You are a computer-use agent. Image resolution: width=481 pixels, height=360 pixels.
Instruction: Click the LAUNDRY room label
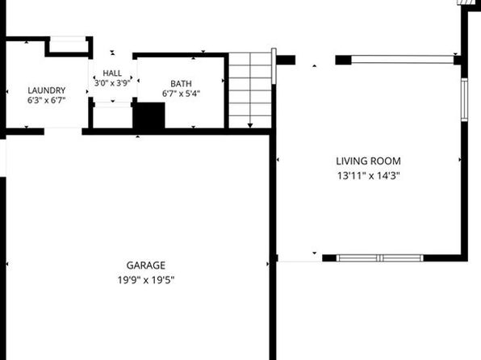pos(47,90)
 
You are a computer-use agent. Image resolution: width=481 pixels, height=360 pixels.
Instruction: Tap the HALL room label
pos(112,73)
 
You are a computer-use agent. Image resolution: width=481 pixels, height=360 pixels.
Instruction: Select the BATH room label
pos(181,83)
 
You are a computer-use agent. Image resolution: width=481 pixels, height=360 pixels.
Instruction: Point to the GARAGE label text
pos(146,266)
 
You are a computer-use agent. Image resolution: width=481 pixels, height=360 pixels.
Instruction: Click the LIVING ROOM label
pos(369,161)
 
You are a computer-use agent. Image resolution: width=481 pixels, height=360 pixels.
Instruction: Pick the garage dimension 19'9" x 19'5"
pos(146,280)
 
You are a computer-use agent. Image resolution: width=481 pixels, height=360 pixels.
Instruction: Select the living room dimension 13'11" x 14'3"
pos(369,176)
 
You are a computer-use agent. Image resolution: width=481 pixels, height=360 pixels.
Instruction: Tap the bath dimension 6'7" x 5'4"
pos(181,94)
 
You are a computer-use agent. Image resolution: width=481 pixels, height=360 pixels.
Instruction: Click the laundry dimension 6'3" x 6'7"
pos(47,100)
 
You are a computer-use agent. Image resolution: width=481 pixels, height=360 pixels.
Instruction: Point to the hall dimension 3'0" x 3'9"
pos(112,83)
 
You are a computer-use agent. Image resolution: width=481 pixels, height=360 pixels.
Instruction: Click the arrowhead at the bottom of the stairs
pos(250,126)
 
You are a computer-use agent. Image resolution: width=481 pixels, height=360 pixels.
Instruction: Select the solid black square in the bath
pos(148,115)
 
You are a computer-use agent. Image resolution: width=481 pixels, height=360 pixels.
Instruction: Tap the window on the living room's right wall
pos(464,99)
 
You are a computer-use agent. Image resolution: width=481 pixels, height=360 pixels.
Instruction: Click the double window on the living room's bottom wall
pos(380,258)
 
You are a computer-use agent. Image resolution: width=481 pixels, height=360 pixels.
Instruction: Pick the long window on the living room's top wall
pos(402,60)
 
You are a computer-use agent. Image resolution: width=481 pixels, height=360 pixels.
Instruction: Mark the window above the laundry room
pos(68,39)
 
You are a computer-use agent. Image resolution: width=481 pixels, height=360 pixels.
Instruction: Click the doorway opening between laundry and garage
pos(63,132)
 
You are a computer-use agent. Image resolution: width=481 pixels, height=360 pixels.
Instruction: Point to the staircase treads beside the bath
pos(250,90)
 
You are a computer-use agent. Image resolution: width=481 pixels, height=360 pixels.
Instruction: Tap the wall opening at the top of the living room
pos(316,60)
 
